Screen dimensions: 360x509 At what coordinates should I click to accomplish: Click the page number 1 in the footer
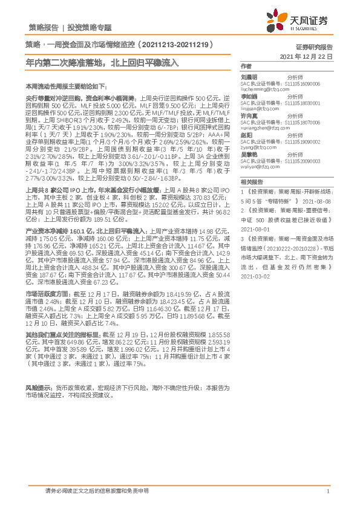point(327,491)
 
